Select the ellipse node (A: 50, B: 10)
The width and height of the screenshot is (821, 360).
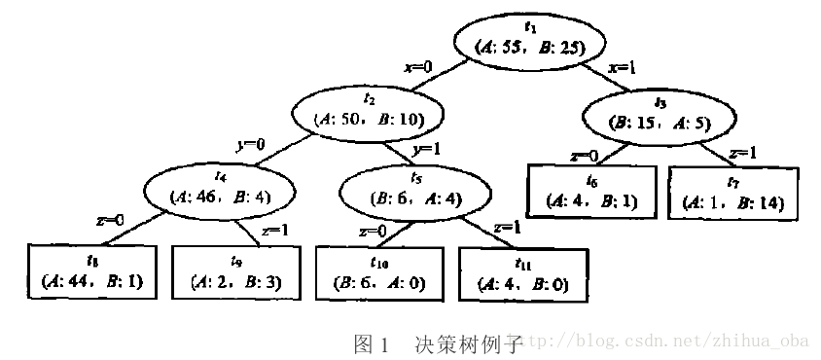[368, 111]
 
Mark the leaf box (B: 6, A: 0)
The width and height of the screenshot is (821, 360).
[380, 272]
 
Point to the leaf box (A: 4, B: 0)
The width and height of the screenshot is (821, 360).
[523, 273]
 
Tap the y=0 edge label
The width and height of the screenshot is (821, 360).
[250, 144]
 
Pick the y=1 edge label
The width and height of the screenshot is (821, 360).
[428, 151]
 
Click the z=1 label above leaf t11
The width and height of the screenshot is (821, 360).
[508, 227]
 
